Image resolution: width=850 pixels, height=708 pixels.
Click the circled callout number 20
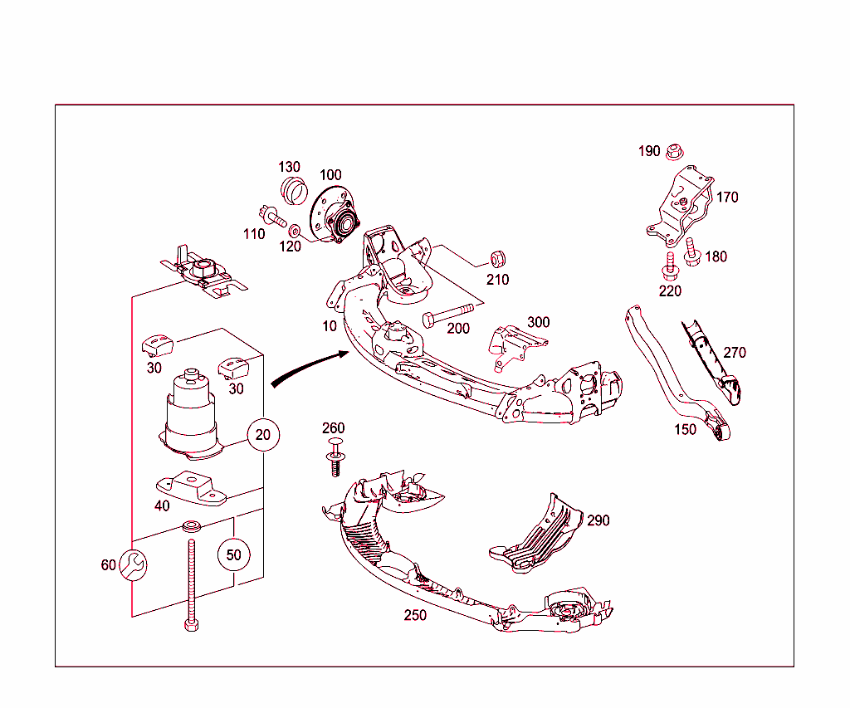click(x=263, y=434)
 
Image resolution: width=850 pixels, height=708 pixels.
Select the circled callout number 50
click(x=234, y=554)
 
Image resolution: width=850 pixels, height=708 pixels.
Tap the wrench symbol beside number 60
click(x=132, y=565)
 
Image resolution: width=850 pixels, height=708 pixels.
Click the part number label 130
click(x=289, y=168)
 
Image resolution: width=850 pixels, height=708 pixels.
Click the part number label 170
click(x=727, y=198)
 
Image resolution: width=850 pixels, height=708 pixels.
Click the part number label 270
click(x=735, y=353)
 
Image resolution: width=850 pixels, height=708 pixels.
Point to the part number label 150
click(x=685, y=429)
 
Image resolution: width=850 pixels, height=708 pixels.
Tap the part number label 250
click(x=415, y=615)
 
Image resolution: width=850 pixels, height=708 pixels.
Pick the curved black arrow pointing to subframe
click(x=307, y=368)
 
